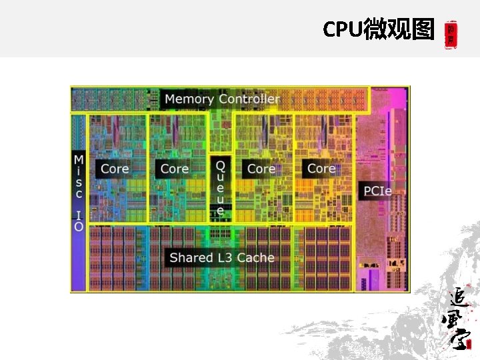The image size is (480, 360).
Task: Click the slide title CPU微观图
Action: [x=378, y=29]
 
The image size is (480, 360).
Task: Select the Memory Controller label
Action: [x=222, y=99]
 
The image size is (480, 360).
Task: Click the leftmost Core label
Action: [x=115, y=169]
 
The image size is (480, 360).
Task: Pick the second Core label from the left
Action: [x=175, y=169]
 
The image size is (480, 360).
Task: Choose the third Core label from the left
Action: [x=261, y=169]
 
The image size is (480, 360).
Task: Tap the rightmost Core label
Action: [x=321, y=169]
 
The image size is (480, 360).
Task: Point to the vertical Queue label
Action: [x=221, y=187]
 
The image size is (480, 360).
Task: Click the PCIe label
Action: [x=377, y=191]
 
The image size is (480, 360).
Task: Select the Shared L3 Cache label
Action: [x=222, y=257]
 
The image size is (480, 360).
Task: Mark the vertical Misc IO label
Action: [x=79, y=193]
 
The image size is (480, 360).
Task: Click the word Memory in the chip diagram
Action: [x=189, y=99]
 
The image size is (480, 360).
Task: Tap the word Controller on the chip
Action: [x=249, y=99]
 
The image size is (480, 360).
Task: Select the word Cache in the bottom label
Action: [x=256, y=257]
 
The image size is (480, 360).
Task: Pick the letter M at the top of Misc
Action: [x=79, y=160]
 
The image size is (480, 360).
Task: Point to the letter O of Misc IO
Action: [x=79, y=227]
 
